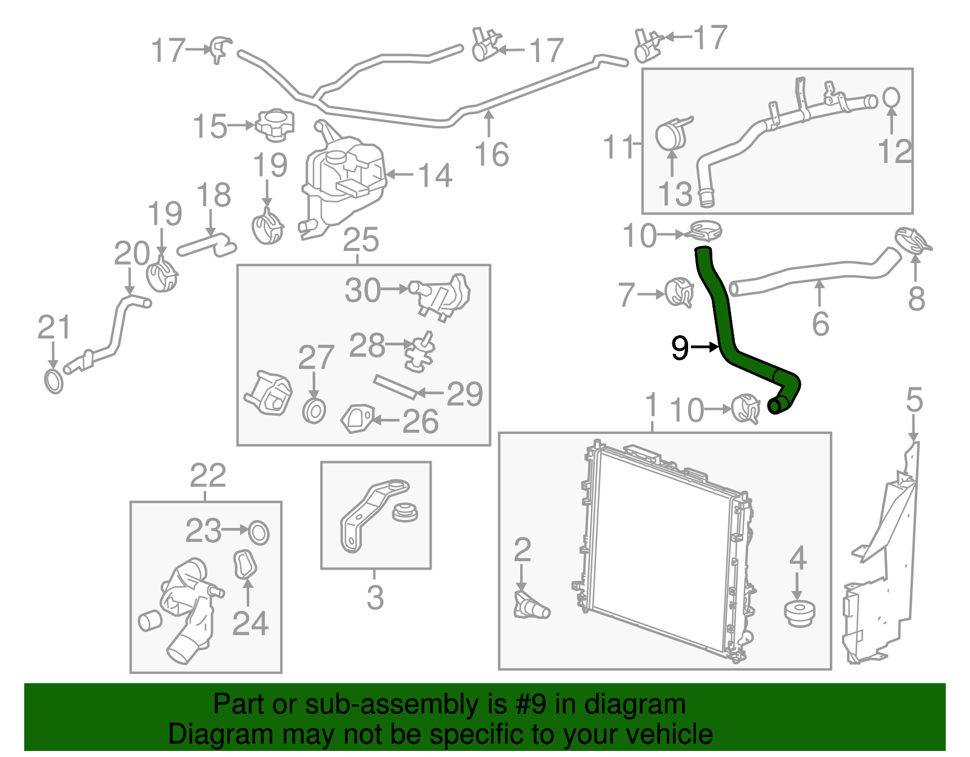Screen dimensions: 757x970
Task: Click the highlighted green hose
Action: click(x=724, y=327)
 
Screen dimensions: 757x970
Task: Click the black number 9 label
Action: click(x=680, y=348)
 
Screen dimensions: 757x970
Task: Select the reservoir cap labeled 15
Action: click(x=275, y=124)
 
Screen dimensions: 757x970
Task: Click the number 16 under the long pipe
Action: click(x=491, y=154)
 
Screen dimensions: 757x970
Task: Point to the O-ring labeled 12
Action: click(x=891, y=97)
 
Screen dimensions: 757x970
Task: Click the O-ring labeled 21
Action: click(x=54, y=381)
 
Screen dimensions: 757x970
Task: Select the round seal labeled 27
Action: click(x=314, y=411)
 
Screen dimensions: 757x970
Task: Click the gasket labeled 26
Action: click(x=356, y=419)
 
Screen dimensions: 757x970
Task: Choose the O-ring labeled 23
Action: click(x=259, y=532)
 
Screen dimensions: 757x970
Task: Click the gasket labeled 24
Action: click(x=245, y=564)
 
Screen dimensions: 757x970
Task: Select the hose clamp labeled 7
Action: click(x=679, y=293)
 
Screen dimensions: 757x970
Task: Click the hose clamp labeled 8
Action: click(x=912, y=241)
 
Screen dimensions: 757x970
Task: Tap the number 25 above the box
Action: click(x=361, y=240)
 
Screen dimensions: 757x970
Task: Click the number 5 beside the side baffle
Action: click(x=914, y=401)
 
